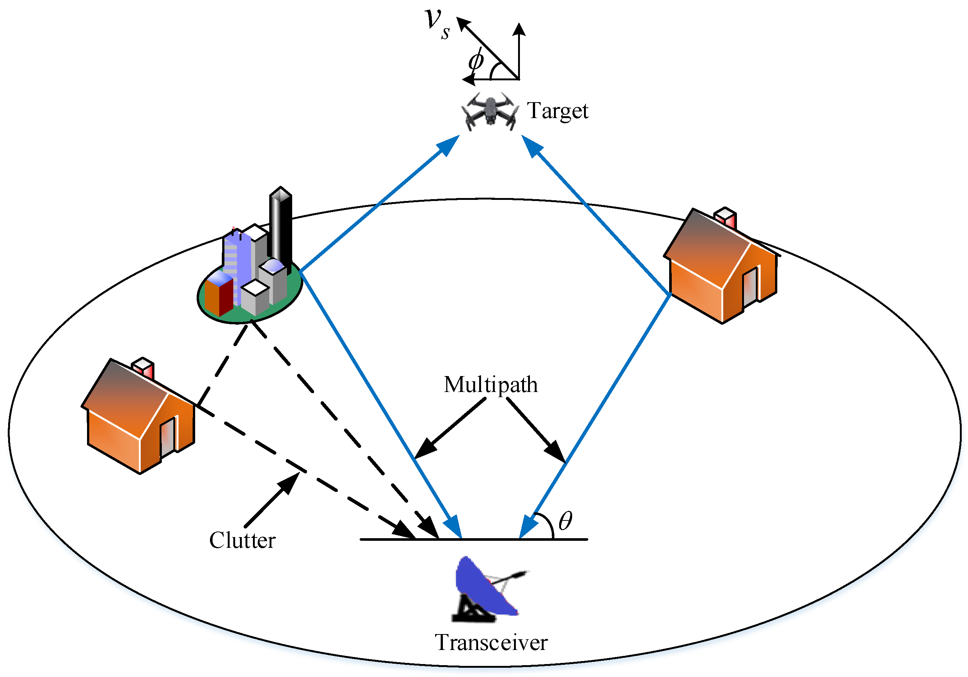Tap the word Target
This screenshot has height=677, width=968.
[x=557, y=111]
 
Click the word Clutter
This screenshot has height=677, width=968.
[x=243, y=540]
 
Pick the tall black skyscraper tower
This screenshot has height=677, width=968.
[x=281, y=225]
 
